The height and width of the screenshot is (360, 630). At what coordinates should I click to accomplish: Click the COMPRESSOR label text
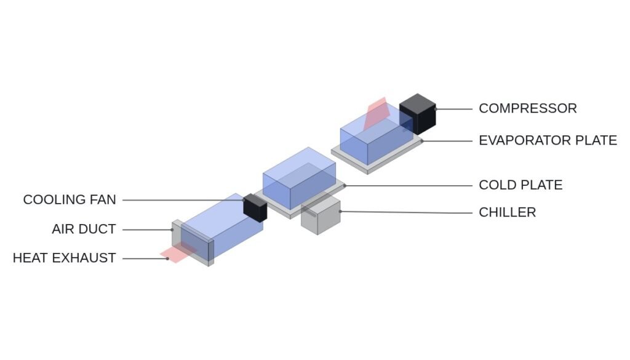527,108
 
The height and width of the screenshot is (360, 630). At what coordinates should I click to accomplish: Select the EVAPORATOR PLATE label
548,141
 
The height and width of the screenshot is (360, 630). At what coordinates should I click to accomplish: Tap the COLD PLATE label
520,185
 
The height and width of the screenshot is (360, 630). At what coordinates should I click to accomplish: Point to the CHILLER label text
507,212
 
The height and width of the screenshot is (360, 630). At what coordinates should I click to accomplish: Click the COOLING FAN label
70,199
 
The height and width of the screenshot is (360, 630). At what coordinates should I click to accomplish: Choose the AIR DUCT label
84,229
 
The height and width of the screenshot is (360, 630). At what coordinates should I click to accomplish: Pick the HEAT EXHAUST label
64,258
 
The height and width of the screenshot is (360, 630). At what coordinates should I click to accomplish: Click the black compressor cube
418,114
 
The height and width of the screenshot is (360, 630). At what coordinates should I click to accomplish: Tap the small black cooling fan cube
255,208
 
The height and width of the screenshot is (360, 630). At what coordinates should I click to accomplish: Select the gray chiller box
321,216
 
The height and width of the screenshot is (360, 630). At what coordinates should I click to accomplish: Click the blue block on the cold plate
300,178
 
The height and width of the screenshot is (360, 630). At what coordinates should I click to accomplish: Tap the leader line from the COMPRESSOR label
454,109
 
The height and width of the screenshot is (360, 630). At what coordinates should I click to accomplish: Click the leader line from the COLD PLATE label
409,186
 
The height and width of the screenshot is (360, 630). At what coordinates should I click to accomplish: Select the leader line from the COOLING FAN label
183,200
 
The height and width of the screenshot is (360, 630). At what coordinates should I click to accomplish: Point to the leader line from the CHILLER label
406,212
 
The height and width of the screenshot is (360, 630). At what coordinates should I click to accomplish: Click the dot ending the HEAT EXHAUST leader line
167,258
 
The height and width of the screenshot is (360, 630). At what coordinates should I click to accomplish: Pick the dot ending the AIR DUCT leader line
172,230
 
